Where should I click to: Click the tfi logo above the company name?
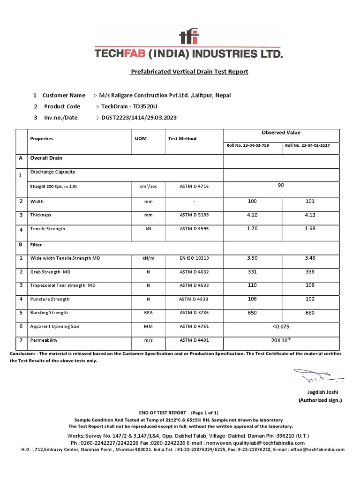[x=188, y=36]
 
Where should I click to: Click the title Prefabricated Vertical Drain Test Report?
[x=188, y=72]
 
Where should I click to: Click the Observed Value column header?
[x=281, y=133]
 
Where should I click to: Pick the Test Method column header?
[x=182, y=139]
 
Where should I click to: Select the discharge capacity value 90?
[x=281, y=186]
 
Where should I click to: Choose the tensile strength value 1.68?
[x=310, y=229]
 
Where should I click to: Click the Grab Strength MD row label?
[x=50, y=272]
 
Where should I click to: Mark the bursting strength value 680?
[x=310, y=313]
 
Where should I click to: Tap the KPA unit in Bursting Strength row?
[x=148, y=313]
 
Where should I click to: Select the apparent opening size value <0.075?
[x=281, y=326]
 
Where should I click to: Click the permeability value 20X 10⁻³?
[x=281, y=340]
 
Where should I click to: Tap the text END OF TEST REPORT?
[x=154, y=412]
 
